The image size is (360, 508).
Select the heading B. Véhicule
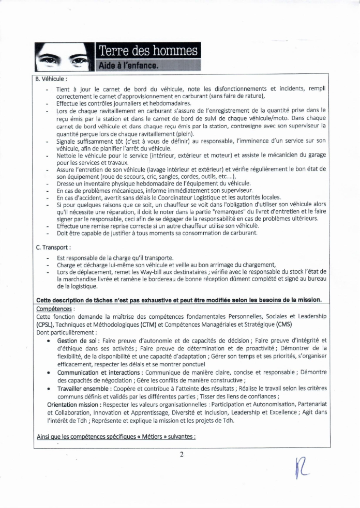point(51,79)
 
